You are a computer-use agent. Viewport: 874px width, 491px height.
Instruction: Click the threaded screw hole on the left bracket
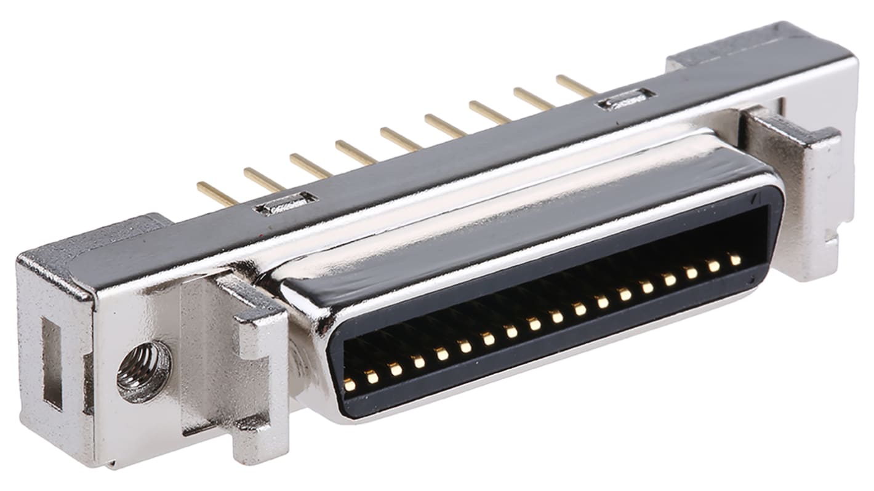[143, 372]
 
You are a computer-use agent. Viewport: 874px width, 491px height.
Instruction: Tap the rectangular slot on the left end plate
[52, 364]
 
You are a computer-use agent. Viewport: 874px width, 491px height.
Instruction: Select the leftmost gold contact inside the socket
[350, 385]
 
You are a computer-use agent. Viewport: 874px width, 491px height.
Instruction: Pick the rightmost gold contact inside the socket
[735, 260]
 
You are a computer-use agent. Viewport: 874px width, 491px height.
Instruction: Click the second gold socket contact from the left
[372, 377]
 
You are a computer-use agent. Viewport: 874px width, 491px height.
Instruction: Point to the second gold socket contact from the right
[713, 266]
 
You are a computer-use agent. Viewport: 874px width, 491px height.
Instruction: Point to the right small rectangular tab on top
[627, 98]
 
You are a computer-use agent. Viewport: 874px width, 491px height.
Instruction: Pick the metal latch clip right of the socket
[800, 185]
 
